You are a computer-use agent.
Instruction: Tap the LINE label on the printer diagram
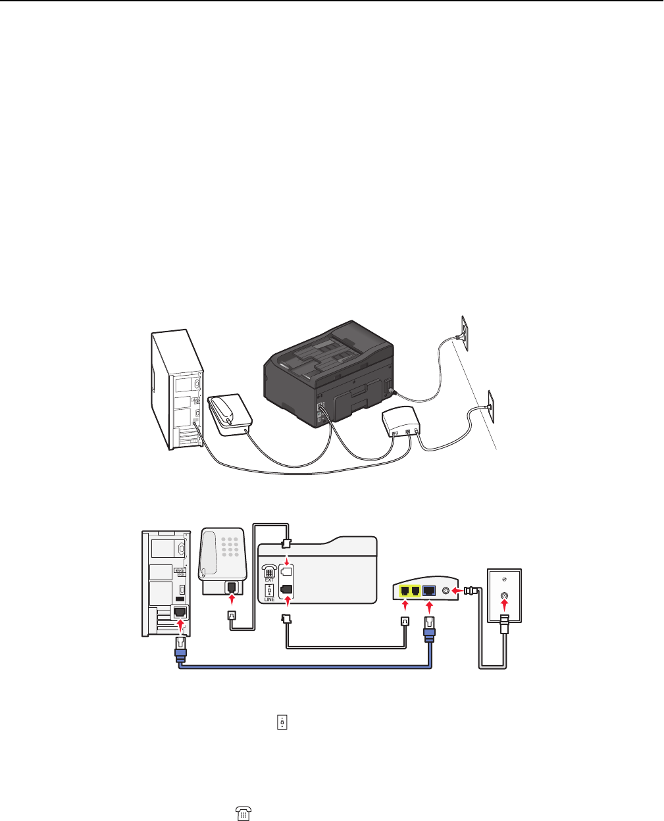[x=269, y=599]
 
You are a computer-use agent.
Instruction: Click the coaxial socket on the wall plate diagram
[x=504, y=599]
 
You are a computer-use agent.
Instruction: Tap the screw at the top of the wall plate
[x=504, y=578]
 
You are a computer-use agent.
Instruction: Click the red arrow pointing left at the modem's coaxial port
[x=461, y=591]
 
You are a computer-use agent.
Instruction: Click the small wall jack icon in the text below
[x=282, y=722]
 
